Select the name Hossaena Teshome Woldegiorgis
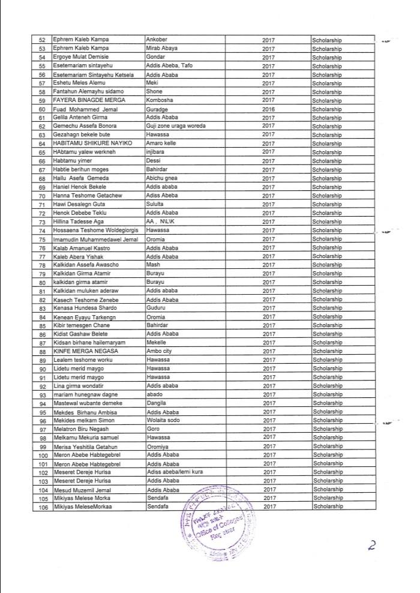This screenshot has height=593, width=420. pyautogui.click(x=91, y=230)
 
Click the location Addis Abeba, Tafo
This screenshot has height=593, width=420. pyautogui.click(x=170, y=65)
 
